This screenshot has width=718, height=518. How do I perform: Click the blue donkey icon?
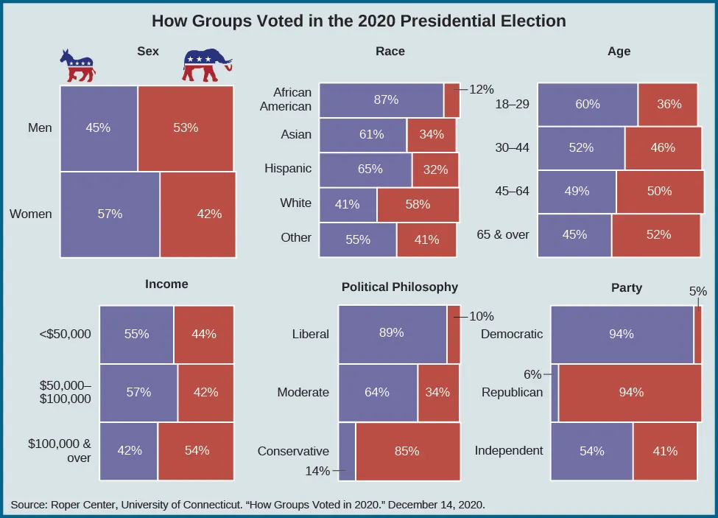pos(77,66)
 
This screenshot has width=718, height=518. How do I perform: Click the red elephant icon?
pos(206,66)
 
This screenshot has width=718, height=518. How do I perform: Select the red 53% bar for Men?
pos(186,127)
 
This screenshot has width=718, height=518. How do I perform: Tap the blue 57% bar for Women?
pos(110,214)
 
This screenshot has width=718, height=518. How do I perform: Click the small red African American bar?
pos(452,100)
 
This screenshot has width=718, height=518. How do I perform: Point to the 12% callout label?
pos(481,89)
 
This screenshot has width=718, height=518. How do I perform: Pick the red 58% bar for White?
pos(418,204)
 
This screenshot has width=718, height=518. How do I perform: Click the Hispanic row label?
pos(288,168)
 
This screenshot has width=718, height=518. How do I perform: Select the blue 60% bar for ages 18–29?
pos(587,104)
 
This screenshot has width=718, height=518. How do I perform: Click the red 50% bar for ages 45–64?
pos(658,191)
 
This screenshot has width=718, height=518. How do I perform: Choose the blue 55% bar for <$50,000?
pos(136,334)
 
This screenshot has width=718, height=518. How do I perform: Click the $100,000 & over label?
pos(59,451)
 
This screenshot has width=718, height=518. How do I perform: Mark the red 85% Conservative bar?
pos(407,451)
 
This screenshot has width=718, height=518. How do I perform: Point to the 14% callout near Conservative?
pos(318,471)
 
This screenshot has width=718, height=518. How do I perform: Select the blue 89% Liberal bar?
pos(392,333)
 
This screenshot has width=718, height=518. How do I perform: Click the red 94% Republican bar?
pos(630,392)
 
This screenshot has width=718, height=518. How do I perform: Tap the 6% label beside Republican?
pos(532,374)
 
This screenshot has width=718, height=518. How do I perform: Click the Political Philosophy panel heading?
pos(399,287)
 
